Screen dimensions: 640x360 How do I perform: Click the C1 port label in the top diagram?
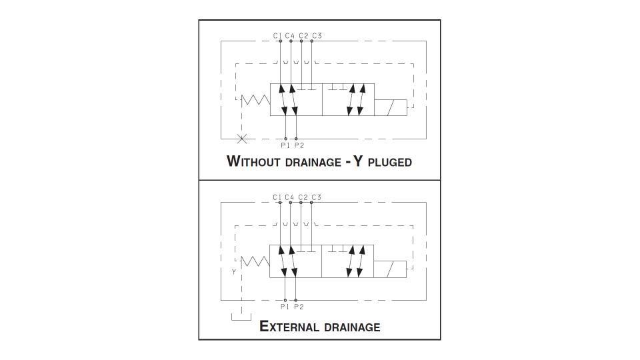pyautogui.click(x=277, y=36)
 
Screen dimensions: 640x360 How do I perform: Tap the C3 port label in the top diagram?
pyautogui.click(x=317, y=36)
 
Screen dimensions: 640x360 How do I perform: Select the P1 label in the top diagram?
pyautogui.click(x=285, y=145)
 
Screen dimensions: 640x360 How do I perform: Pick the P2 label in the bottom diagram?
pyautogui.click(x=299, y=307)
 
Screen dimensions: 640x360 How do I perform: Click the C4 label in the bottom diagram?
pyautogui.click(x=289, y=197)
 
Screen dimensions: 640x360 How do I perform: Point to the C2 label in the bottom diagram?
pyautogui.click(x=303, y=197)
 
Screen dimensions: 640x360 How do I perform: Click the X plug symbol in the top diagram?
pyautogui.click(x=242, y=139)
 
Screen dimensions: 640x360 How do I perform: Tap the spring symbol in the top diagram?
pyautogui.click(x=256, y=100)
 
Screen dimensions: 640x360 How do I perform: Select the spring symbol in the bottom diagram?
pyautogui.click(x=255, y=261)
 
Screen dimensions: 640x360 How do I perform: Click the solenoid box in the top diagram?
pyautogui.click(x=391, y=108)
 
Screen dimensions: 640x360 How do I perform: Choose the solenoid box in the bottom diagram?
pyautogui.click(x=390, y=269)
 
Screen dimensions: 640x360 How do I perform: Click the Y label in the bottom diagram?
pyautogui.click(x=234, y=272)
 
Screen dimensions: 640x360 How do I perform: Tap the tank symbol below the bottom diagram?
pyautogui.click(x=241, y=317)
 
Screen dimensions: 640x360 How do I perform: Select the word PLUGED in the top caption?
pyautogui.click(x=390, y=162)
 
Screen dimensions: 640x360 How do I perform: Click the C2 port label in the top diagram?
pyautogui.click(x=304, y=36)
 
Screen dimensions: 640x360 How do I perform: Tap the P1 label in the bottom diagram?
pyautogui.click(x=285, y=307)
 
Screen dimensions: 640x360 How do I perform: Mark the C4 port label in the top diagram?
pyautogui.click(x=290, y=36)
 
